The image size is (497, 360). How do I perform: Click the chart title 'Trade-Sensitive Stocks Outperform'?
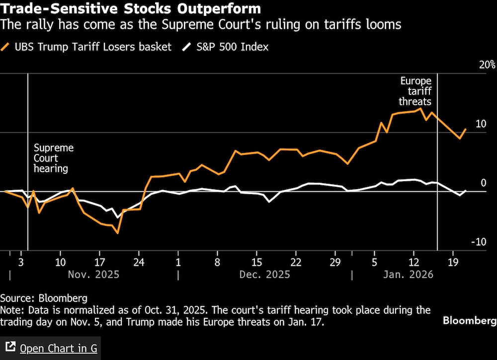pos(131,9)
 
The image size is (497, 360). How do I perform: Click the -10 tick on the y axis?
pos(479,242)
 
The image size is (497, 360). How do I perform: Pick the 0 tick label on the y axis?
pos(483,183)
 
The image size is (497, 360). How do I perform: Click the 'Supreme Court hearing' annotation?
pos(53,158)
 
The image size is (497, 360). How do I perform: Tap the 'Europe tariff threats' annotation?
pos(416,91)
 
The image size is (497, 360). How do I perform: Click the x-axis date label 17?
pos(99,262)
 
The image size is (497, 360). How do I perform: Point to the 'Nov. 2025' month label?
pos(94,274)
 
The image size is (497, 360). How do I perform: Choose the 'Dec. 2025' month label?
pos(265,274)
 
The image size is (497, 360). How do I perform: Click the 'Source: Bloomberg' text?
pos(44,298)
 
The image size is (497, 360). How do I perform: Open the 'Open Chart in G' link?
pos(59,349)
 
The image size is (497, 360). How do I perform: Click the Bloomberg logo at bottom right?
pos(470,321)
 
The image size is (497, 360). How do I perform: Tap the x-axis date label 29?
pos(335,262)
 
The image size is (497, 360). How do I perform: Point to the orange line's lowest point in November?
pos(118,233)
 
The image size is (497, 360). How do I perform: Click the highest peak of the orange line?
pos(421,108)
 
